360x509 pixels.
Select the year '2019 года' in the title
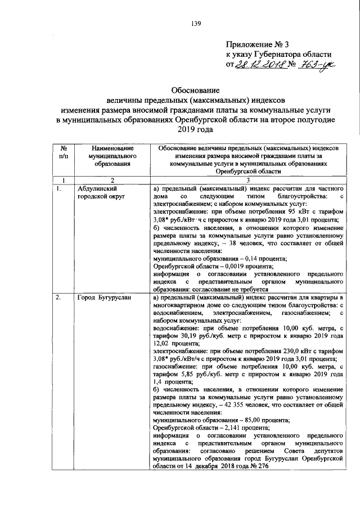point(195,129)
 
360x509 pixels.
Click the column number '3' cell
point(247,180)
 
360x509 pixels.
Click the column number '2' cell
point(112,180)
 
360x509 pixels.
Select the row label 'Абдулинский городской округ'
point(101,193)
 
